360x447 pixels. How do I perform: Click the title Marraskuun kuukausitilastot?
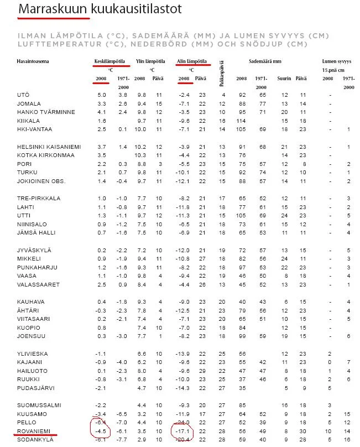click(x=100, y=9)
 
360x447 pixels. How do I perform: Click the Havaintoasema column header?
click(x=33, y=61)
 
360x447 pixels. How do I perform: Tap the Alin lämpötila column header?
click(x=191, y=61)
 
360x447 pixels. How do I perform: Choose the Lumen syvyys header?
click(x=337, y=61)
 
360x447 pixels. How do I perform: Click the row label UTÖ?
click(x=23, y=95)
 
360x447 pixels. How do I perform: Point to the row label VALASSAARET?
click(x=38, y=284)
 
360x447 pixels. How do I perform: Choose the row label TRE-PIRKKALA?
click(x=39, y=198)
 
